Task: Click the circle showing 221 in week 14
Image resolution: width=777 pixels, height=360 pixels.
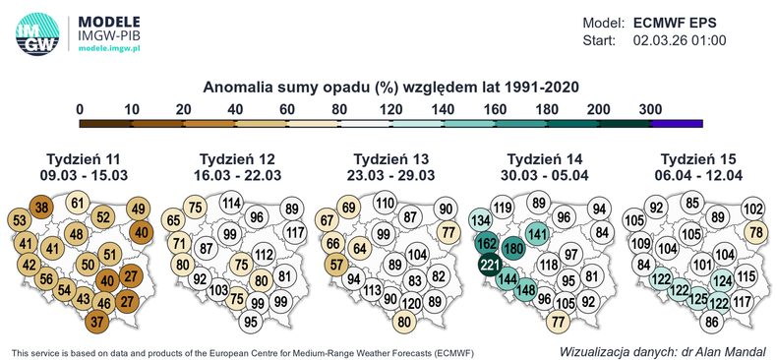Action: pos(489,264)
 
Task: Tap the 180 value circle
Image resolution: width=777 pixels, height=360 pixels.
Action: pos(512,249)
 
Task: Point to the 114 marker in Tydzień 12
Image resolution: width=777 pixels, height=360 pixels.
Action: pos(231,204)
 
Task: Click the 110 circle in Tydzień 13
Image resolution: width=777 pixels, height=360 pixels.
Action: pos(386,204)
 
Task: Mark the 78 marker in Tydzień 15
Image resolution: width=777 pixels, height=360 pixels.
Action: pos(755,232)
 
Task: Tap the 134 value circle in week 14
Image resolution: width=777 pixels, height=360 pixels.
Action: pos(481,219)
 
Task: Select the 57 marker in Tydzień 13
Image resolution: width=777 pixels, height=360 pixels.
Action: pos(336,264)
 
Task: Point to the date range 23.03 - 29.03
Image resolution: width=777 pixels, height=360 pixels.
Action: pos(387,175)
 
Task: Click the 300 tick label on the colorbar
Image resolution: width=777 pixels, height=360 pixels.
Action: pos(649,108)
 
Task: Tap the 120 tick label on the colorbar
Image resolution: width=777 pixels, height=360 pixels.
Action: pos(390,108)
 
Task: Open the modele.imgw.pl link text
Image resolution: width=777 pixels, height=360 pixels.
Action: pos(109,48)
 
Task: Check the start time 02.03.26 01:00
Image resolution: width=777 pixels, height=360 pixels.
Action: pos(680,41)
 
